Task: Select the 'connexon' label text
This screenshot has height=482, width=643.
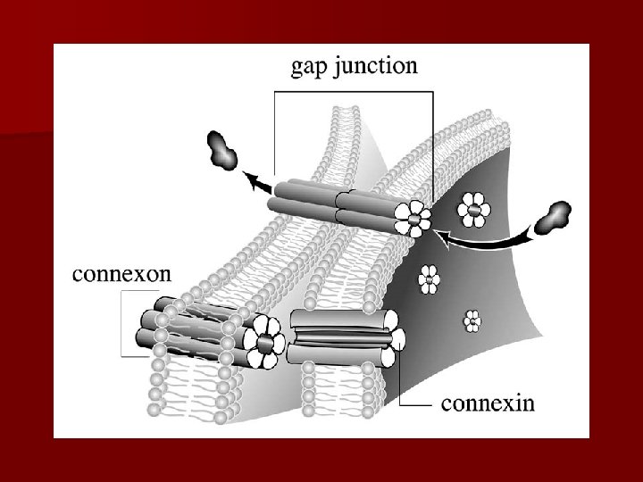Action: point(121,273)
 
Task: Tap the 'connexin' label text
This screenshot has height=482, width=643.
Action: point(488,403)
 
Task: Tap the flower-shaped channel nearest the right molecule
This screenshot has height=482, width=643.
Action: point(472,212)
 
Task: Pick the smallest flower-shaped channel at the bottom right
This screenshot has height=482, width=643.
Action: point(472,320)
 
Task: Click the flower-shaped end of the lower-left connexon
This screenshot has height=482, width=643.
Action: point(265,343)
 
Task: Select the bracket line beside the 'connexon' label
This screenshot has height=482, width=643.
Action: point(124,326)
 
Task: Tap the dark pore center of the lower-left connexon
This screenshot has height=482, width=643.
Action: point(265,343)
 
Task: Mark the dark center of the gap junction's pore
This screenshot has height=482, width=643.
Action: point(415,218)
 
